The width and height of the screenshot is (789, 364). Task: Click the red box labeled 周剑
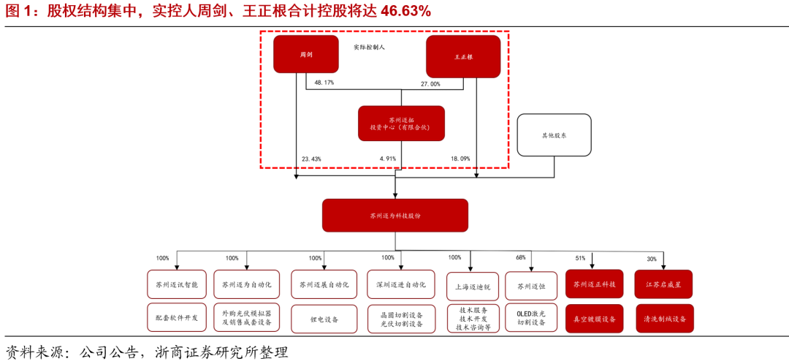coord(306,54)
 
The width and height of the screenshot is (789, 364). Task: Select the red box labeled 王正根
coord(463,56)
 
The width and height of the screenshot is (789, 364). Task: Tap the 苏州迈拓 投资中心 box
coord(401,124)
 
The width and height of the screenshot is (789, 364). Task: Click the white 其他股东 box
coord(554,135)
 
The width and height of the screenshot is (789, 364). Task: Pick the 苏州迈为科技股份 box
coord(395,216)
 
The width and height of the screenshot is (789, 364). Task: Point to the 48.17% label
coord(324,83)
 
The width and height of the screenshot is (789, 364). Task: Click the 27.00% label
coord(430,84)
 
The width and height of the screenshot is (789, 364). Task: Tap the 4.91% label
coord(387,159)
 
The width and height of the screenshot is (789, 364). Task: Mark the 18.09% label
coord(460,159)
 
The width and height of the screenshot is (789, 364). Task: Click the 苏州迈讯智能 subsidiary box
coord(177,284)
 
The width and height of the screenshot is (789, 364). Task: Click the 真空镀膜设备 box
coord(594,319)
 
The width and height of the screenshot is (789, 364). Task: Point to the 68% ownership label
coord(521,257)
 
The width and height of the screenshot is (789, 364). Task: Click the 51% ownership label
coord(581,258)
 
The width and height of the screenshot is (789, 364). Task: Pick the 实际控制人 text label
coord(369,47)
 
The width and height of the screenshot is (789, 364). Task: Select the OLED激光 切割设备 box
coord(531,318)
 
